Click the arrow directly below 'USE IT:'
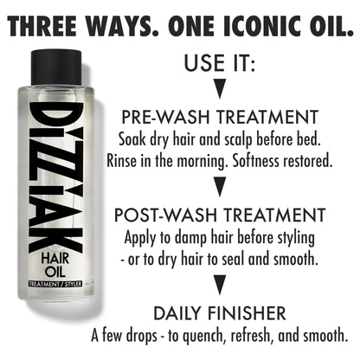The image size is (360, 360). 220,88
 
